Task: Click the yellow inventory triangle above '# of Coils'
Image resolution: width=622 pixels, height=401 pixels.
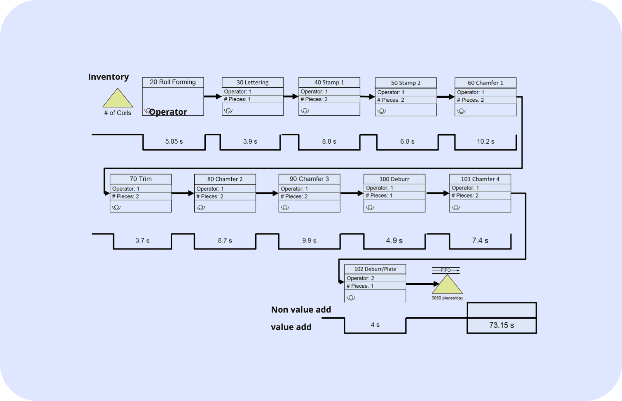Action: coord(118,99)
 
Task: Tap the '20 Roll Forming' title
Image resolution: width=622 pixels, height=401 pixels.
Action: coord(173,82)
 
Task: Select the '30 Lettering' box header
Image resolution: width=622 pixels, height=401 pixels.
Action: coord(252,82)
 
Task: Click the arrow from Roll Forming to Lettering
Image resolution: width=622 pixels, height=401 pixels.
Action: coord(213,96)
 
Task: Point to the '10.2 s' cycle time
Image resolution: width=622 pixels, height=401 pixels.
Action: coord(485,142)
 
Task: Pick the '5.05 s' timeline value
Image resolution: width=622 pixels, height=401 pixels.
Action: coord(174,142)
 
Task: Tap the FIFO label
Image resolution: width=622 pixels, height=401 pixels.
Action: coord(445,270)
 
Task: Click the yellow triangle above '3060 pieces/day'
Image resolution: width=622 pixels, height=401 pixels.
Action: coord(447,286)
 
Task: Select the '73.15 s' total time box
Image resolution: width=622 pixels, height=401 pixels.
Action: coord(502,325)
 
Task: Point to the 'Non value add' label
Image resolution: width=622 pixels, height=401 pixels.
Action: coord(301,309)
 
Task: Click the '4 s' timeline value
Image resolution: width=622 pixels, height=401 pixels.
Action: coord(375,325)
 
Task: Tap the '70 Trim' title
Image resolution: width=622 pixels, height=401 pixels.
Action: coord(141,179)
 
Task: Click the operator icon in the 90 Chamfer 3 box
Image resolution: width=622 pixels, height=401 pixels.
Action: coord(285,207)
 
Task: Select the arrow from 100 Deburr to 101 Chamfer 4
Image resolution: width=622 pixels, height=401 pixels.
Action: coord(437,193)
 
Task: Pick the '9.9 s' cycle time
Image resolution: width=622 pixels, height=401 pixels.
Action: coord(309,241)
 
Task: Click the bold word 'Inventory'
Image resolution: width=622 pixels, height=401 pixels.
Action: coord(109,77)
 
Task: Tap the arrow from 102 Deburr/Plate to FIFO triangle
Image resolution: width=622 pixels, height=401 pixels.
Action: coord(422,284)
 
